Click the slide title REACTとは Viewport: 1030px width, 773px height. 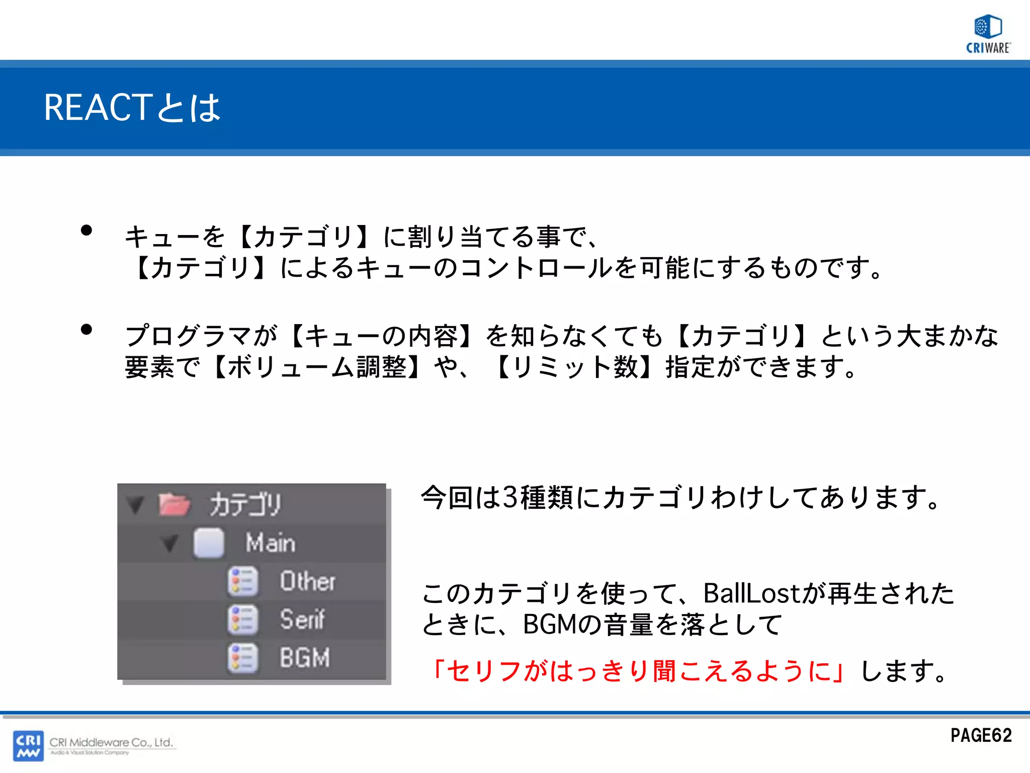[132, 108]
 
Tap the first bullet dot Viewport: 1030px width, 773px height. [87, 230]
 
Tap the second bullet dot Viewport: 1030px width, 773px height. [87, 330]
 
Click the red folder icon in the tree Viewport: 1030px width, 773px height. [174, 504]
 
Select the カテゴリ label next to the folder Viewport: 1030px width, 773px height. [245, 504]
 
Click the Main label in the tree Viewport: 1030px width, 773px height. [271, 543]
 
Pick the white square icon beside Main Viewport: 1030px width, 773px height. [209, 543]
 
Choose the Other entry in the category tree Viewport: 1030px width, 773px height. [307, 581]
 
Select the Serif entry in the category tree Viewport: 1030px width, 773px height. [302, 620]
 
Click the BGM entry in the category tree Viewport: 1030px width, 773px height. [305, 658]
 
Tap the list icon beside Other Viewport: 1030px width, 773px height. [243, 582]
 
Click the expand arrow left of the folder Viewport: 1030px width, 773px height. [135, 504]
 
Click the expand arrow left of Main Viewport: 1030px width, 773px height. [170, 543]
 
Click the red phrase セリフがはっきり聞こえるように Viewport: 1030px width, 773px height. [638, 671]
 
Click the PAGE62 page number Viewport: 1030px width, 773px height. [981, 736]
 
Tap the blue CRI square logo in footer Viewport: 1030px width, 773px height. [28, 745]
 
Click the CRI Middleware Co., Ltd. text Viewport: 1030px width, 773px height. [111, 742]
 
